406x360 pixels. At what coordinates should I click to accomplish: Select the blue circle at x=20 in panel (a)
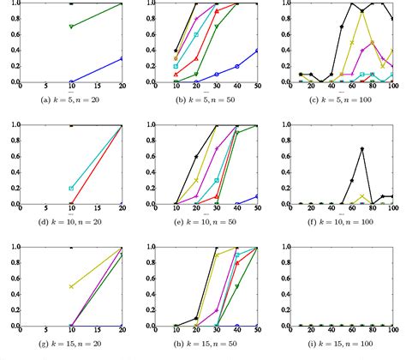122,58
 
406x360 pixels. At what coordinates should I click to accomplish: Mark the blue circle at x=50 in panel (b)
257,51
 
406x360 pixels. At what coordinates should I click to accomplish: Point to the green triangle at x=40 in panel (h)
237,287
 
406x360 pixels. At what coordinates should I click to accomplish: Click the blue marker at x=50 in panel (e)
257,196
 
